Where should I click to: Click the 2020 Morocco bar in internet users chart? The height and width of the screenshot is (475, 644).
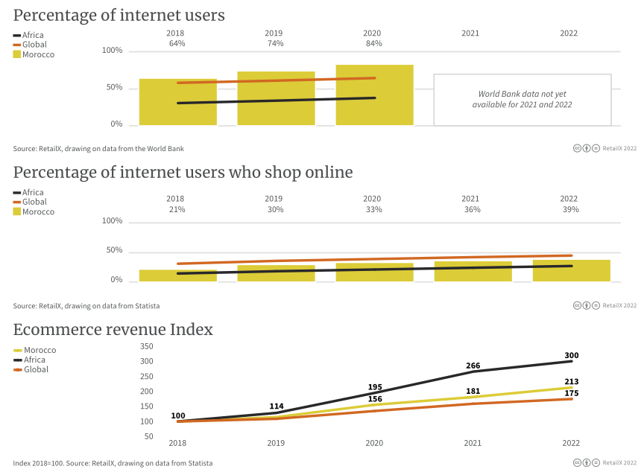click(x=374, y=95)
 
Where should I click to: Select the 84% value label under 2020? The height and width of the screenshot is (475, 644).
click(x=373, y=44)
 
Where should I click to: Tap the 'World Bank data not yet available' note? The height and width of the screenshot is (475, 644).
click(x=522, y=100)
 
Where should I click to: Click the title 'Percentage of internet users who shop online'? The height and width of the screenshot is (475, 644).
click(x=183, y=173)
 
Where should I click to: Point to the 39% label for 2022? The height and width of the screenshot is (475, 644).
click(x=570, y=210)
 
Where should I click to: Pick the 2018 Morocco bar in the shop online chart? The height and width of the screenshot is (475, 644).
click(x=177, y=275)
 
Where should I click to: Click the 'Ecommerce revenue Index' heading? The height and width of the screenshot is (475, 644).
click(x=113, y=330)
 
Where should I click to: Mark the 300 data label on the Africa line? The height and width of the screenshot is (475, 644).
click(x=572, y=356)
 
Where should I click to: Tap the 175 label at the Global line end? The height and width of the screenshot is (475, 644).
click(x=572, y=393)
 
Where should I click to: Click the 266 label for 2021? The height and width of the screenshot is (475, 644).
click(x=473, y=366)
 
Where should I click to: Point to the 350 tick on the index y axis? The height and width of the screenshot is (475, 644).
click(x=146, y=346)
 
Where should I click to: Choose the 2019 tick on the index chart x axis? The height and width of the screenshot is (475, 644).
click(x=276, y=443)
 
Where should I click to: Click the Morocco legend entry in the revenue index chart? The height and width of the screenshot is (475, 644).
click(x=34, y=350)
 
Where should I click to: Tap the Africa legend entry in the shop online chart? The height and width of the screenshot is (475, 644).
click(x=29, y=192)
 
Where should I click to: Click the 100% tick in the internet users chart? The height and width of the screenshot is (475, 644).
click(x=112, y=51)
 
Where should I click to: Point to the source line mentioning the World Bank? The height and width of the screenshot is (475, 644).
click(x=98, y=149)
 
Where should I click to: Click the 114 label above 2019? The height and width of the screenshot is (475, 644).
click(x=277, y=407)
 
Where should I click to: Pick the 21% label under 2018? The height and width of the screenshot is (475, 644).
click(x=175, y=210)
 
